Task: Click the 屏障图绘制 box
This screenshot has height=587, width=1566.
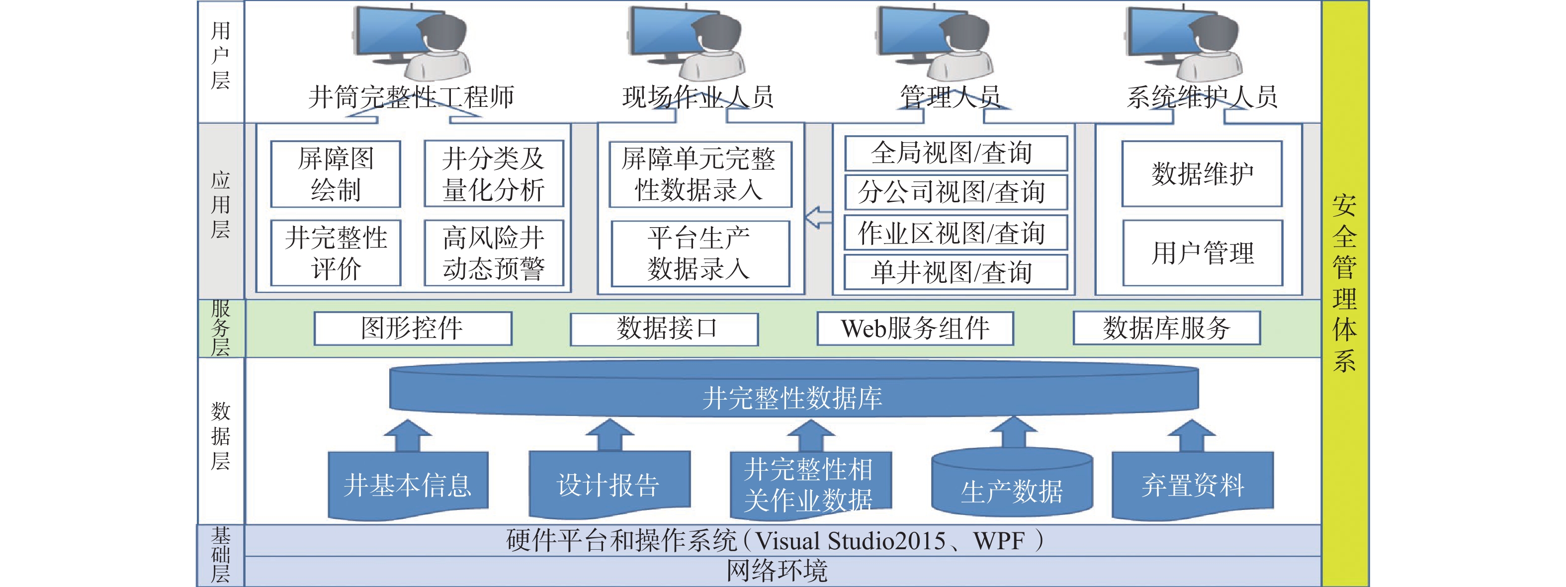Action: tap(336, 174)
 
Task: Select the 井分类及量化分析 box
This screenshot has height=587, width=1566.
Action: tap(494, 174)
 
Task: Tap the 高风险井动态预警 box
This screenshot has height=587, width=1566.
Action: tap(494, 253)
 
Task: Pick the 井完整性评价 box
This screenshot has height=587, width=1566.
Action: tap(336, 253)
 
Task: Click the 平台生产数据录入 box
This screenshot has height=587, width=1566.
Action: tap(699, 253)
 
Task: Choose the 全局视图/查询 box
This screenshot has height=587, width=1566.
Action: tap(956, 153)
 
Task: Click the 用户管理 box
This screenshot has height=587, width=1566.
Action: tap(1203, 253)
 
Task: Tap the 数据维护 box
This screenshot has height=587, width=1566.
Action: tap(1202, 174)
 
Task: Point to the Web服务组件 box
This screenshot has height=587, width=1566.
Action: tap(915, 329)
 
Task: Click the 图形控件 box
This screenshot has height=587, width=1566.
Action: tap(413, 329)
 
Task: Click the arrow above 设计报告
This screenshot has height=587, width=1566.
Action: tap(609, 435)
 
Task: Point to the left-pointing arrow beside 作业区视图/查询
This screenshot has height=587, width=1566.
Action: tap(818, 217)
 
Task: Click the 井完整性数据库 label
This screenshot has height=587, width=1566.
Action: tap(793, 398)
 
